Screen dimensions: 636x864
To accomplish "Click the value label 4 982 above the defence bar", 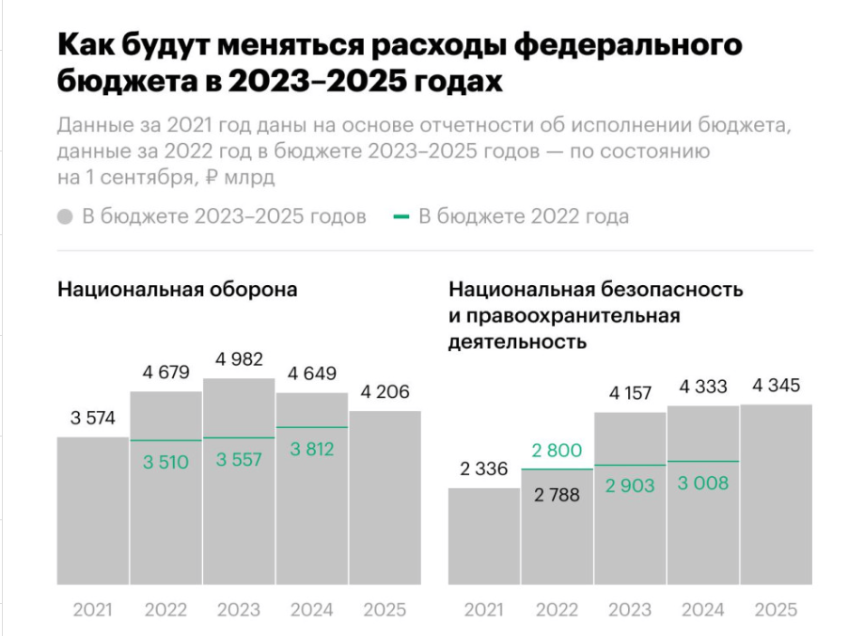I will [239, 359].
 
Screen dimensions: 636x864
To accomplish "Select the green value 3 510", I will [166, 462].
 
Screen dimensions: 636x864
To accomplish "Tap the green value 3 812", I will [312, 450].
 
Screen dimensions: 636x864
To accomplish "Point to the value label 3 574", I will [93, 419].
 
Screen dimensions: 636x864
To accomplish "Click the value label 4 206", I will [385, 392].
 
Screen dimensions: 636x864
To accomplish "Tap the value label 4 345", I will [777, 385].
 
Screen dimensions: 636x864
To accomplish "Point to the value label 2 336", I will [484, 469].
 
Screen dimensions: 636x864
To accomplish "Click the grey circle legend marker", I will [65, 217].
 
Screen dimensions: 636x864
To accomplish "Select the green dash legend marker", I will [401, 217].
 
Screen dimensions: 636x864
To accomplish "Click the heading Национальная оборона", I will [178, 290].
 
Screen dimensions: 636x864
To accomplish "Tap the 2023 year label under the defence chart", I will [239, 610].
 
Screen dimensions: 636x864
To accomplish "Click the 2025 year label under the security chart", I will [777, 610].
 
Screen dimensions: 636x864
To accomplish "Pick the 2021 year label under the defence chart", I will [93, 610].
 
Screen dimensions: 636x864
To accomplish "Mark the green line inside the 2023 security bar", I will [630, 466].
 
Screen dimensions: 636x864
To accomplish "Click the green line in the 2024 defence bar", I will [312, 427].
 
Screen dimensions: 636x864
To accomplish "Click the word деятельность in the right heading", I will [518, 341].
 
